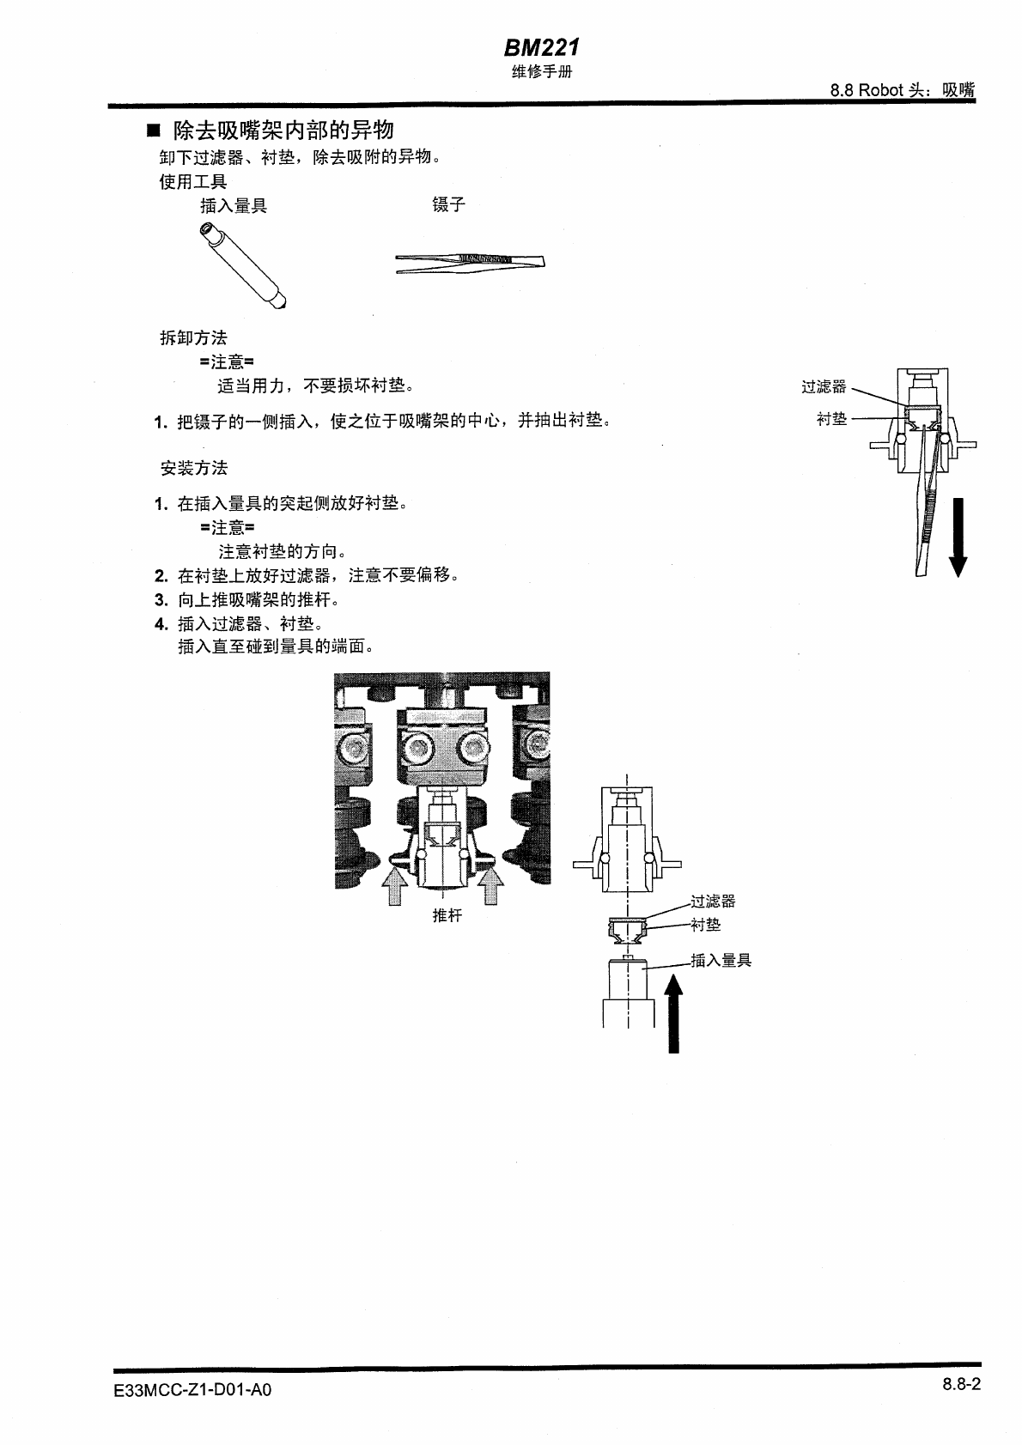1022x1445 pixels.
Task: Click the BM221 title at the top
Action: point(541,48)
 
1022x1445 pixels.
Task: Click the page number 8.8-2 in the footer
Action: point(961,1383)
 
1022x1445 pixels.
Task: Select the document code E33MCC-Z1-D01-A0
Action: point(192,1389)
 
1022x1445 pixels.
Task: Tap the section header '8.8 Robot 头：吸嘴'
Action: point(903,90)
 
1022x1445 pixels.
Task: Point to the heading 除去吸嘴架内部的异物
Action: point(283,131)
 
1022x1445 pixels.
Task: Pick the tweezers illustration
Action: point(470,263)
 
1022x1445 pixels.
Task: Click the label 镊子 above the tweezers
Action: point(448,204)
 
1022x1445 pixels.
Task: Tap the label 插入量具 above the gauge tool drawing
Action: point(234,205)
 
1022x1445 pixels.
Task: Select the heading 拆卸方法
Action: point(194,338)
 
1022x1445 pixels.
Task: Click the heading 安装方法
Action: point(194,468)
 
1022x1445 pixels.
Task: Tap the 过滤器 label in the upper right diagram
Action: point(824,387)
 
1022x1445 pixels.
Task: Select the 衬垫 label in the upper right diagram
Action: point(831,419)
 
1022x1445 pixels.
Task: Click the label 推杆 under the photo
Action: point(447,915)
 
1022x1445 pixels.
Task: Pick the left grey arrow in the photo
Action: point(394,885)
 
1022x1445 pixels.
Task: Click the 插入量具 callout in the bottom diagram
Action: point(721,960)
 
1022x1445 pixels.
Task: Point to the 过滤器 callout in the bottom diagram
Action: point(713,901)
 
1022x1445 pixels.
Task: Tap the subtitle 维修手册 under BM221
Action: point(541,72)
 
